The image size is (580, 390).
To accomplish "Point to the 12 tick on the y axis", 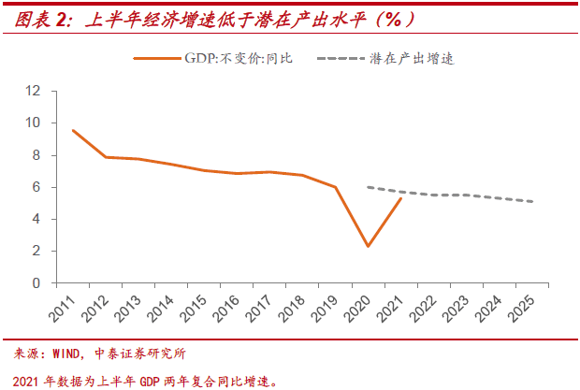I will click(x=34, y=91).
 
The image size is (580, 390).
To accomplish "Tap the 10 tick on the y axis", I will click(x=34, y=123).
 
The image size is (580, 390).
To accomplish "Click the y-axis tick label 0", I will click(x=37, y=282).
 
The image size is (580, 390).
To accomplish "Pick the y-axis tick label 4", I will click(x=37, y=219).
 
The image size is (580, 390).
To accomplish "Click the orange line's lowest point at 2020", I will click(x=369, y=246).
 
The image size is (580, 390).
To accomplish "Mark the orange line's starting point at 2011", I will click(x=73, y=130).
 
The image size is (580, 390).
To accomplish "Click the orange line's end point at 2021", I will click(x=401, y=198).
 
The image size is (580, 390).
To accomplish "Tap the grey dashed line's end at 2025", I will click(x=533, y=201).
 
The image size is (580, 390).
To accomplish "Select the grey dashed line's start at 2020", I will click(x=369, y=187).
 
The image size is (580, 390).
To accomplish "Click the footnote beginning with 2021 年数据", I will click(x=145, y=379).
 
